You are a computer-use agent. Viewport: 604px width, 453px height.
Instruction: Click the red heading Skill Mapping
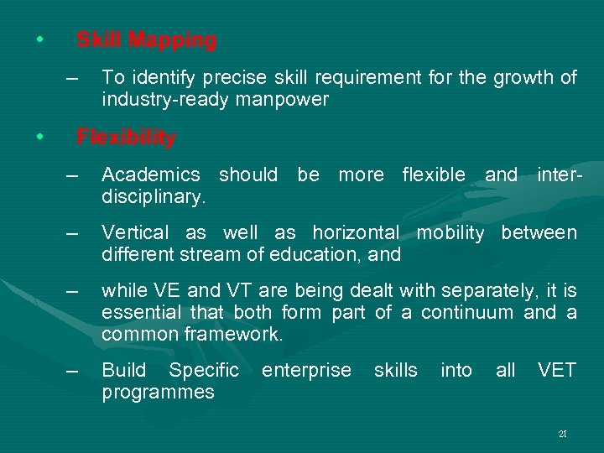tap(146, 39)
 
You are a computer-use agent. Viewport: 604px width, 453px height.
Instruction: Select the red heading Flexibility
tap(126, 138)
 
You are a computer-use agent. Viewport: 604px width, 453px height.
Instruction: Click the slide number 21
tap(562, 435)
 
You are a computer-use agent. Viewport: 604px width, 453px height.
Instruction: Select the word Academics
tap(150, 175)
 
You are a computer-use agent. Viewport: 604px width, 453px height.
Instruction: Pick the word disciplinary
tap(154, 197)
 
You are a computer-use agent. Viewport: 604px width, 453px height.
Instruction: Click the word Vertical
tap(135, 233)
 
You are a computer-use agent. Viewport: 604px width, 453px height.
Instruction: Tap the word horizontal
tap(356, 233)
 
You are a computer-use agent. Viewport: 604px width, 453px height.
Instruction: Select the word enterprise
tap(306, 371)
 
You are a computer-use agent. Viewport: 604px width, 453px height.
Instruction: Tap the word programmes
tap(158, 393)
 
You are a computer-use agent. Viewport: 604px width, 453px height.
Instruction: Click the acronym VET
tap(557, 371)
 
